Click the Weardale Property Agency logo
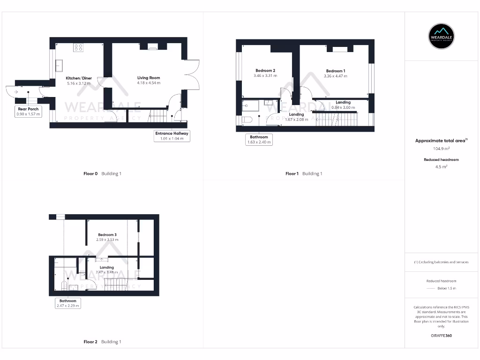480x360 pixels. [x=442, y=36]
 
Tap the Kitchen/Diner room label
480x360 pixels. [x=79, y=78]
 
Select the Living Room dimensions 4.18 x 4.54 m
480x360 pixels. [x=149, y=83]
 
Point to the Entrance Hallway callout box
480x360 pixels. [x=172, y=135]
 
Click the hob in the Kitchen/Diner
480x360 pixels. [x=78, y=47]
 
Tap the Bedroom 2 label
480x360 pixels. [x=265, y=71]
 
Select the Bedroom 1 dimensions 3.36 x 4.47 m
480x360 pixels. [x=336, y=76]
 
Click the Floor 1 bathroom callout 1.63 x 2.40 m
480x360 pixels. [x=259, y=140]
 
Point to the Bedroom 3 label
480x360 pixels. [x=107, y=235]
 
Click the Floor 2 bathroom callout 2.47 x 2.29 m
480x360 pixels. [x=68, y=303]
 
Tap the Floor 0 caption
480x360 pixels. [x=102, y=173]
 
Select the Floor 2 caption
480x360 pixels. [x=102, y=342]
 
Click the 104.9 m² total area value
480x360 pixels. [x=441, y=148]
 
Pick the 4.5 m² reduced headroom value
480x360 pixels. [x=441, y=166]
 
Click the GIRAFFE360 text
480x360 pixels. [x=441, y=336]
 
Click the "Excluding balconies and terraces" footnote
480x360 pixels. [x=441, y=262]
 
